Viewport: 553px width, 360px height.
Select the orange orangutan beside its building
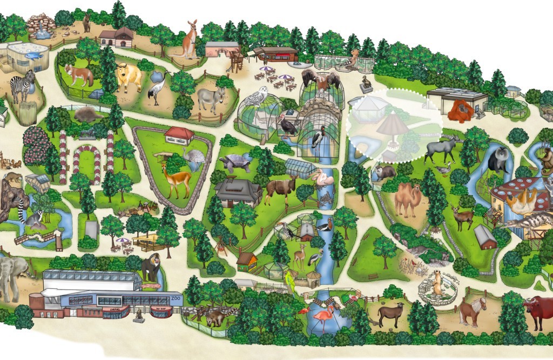click(x=460, y=110)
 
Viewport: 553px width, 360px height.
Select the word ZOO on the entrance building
click(x=176, y=297)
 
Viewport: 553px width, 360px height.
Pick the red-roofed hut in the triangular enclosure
click(x=179, y=134)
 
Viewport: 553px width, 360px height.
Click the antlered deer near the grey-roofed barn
click(x=462, y=216)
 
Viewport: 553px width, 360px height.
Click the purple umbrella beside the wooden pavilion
click(x=123, y=241)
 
